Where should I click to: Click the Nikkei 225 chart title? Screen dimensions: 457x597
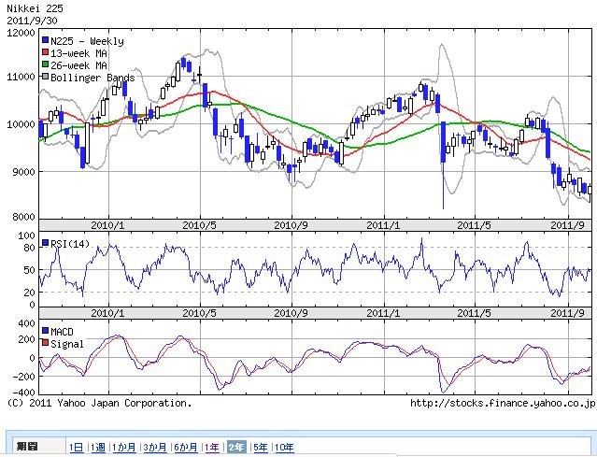(x=33, y=7)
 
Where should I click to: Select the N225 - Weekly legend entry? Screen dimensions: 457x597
(x=86, y=42)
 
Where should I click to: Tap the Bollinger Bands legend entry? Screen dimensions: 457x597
(x=92, y=78)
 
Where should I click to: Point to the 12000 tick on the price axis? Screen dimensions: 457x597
(x=19, y=32)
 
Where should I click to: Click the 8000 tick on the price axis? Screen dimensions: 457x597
(x=21, y=217)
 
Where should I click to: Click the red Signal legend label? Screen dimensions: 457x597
(x=65, y=344)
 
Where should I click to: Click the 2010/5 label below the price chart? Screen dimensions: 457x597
(x=199, y=225)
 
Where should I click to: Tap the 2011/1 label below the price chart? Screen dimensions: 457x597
(x=383, y=225)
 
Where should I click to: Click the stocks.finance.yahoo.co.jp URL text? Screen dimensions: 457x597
(x=503, y=404)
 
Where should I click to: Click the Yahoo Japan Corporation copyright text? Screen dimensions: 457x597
(x=98, y=404)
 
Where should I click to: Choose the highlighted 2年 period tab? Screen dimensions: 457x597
(x=236, y=448)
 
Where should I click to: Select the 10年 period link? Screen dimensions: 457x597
(x=284, y=448)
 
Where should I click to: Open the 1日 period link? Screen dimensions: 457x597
(x=77, y=448)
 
